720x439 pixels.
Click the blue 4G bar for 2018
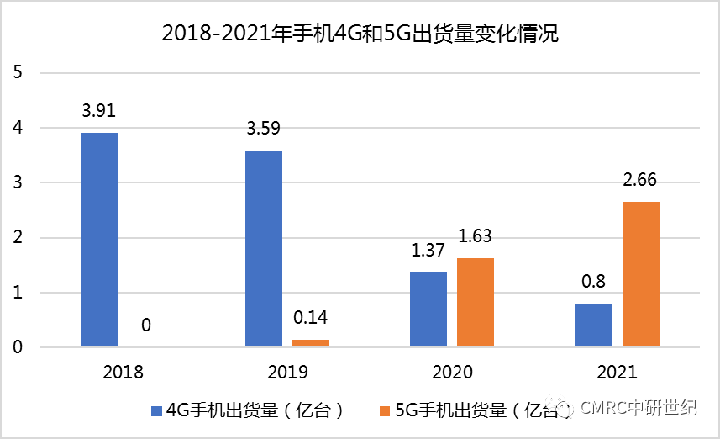coord(99,240)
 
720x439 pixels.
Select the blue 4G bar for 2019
coord(264,248)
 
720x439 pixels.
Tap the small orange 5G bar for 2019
coord(311,342)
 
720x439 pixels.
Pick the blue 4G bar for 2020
coord(428,309)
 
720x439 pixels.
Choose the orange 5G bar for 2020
coord(476,302)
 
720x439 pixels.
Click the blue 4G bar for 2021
coord(594,325)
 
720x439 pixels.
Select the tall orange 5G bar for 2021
coord(641,274)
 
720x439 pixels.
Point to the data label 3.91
coord(99,110)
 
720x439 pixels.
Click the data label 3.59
coord(264,129)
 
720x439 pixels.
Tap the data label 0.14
coord(311,319)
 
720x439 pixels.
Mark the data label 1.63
coord(476,236)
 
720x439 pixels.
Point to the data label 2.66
coord(641,180)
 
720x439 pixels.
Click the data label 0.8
coord(594,282)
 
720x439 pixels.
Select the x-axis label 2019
coord(288,372)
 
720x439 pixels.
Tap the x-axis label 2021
coord(618,372)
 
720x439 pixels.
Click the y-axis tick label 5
coord(18,73)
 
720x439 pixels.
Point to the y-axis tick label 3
coord(18,183)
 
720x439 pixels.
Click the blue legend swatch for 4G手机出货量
coord(155,411)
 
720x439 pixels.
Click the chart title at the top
coord(360,34)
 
